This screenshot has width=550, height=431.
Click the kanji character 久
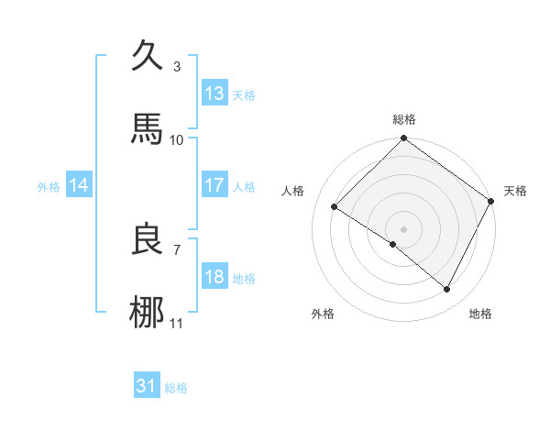(x=148, y=55)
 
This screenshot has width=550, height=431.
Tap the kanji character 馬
(x=148, y=129)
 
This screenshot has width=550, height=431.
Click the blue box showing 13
(x=214, y=93)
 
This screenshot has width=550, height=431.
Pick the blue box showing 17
(x=214, y=185)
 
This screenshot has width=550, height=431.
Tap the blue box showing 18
(x=214, y=277)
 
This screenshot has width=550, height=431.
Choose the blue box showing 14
(x=79, y=185)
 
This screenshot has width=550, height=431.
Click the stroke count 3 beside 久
(x=177, y=66)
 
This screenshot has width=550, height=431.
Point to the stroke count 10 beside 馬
(x=177, y=140)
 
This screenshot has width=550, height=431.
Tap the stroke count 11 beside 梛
(x=177, y=324)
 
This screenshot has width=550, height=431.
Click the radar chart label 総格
(x=404, y=119)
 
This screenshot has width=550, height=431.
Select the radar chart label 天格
(x=515, y=191)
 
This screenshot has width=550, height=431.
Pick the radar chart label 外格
(x=323, y=315)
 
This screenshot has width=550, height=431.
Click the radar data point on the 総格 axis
(x=403, y=140)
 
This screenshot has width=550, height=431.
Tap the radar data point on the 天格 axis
(x=491, y=200)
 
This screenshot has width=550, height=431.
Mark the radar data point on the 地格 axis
(x=447, y=289)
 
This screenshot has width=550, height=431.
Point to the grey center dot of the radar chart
(x=403, y=228)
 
